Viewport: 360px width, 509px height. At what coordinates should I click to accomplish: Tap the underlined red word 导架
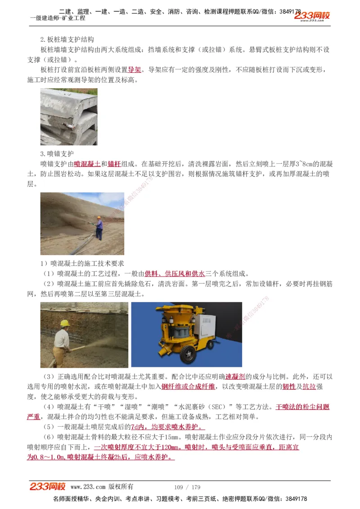[x=135, y=70]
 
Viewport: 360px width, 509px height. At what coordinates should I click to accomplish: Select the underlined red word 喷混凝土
[x=87, y=164]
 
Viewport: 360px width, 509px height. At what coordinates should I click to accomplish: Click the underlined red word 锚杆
[x=115, y=164]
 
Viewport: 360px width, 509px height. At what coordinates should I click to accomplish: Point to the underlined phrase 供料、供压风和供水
[x=175, y=273]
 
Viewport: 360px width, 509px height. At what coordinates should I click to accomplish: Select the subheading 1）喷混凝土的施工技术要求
[x=82, y=263]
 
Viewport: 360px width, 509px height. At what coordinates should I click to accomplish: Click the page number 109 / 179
[x=187, y=487]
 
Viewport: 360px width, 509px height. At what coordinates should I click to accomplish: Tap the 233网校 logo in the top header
[x=312, y=16]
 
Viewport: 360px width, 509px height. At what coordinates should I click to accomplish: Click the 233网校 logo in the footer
[x=48, y=487]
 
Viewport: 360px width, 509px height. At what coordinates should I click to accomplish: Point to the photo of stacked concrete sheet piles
[x=68, y=116]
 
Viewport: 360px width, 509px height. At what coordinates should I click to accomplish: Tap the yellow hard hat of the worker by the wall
[x=65, y=323]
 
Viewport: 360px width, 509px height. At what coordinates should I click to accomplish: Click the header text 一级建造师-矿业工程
[x=57, y=18]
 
